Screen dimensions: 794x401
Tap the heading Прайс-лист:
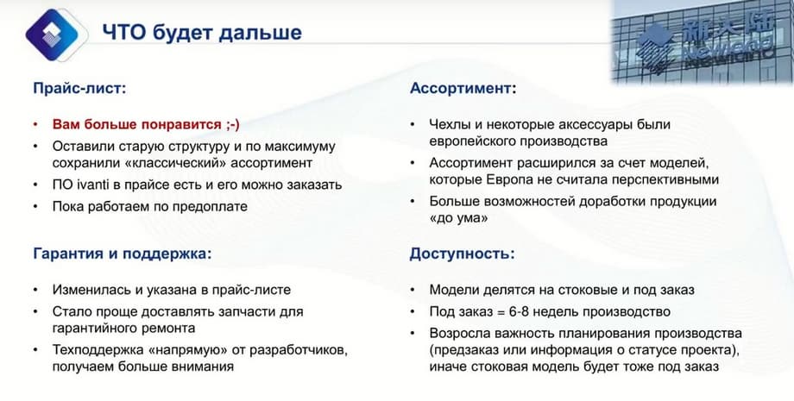coord(79,89)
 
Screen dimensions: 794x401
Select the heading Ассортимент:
coord(463,89)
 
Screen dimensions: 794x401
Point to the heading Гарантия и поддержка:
coord(122,254)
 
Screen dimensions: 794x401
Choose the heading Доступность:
coord(462,254)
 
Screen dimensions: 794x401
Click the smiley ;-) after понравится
coord(233,124)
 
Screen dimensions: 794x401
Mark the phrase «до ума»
coord(459,218)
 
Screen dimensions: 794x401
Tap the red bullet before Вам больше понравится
coord(35,124)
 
